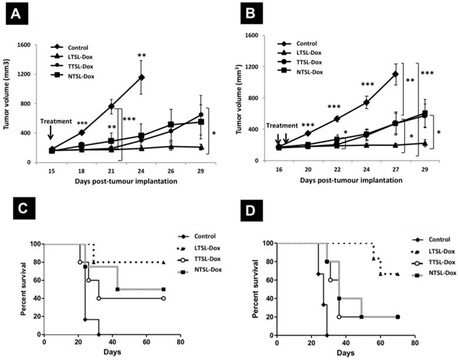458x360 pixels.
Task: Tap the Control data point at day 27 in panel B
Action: [x=395, y=74]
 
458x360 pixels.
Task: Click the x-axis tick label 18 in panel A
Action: [x=82, y=169]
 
